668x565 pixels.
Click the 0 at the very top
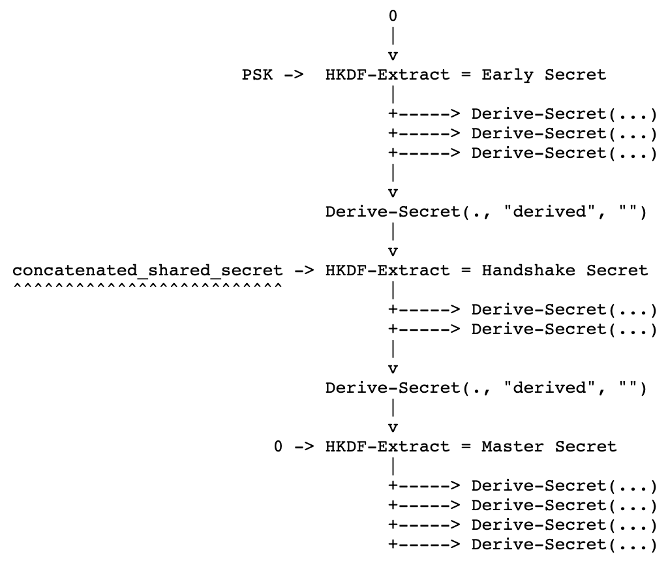pos(393,16)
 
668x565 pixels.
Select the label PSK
pos(258,74)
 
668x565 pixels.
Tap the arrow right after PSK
pos(294,74)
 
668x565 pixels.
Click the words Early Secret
pos(543,74)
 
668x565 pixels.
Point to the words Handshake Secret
pos(564,270)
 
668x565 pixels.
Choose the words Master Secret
pos(549,446)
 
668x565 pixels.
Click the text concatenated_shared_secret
pos(147,270)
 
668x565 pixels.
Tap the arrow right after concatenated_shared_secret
pos(304,270)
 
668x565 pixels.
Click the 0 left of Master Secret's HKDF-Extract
pos(279,446)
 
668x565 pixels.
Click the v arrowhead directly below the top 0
pos(393,55)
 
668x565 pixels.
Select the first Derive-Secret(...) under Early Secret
pos(564,114)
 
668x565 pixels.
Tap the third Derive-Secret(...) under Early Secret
pos(564,153)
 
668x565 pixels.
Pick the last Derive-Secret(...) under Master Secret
pos(564,544)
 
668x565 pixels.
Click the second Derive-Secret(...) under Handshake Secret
pos(564,329)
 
